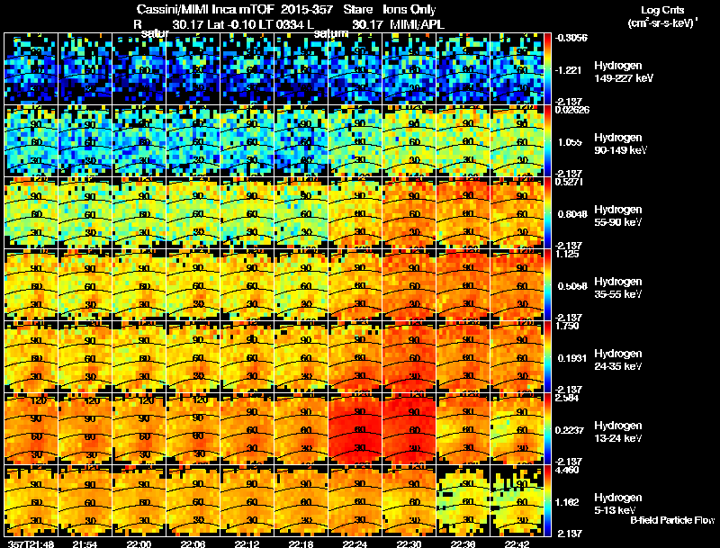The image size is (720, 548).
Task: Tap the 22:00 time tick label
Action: [x=139, y=544]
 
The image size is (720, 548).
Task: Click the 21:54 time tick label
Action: [x=85, y=544]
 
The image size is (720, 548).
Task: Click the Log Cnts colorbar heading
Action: [x=660, y=10]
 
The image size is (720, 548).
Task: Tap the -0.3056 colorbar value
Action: [x=570, y=37]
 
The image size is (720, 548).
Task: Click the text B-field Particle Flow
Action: [x=671, y=520]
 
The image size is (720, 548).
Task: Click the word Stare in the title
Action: [x=357, y=10]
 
